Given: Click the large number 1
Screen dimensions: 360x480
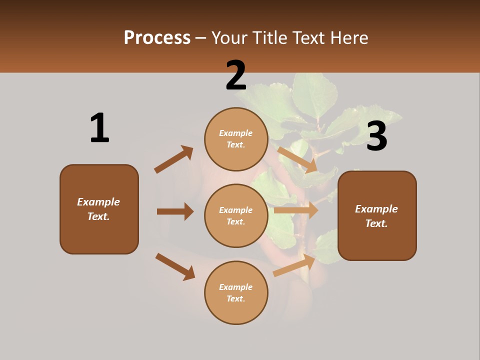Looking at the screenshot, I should click(99, 128).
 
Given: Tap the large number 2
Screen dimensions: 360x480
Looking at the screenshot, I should click(236, 75).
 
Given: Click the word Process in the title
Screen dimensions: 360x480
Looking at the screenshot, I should click(157, 37).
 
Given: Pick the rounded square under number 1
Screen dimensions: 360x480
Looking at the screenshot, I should click(99, 209).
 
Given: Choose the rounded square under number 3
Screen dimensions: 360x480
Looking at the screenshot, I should click(377, 215).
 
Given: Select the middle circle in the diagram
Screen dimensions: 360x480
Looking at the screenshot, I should click(236, 215).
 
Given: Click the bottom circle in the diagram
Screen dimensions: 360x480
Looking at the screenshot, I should click(236, 292).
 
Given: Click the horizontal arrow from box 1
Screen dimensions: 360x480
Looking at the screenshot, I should click(175, 211).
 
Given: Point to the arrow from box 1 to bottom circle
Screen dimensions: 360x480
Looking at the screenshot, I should click(175, 266).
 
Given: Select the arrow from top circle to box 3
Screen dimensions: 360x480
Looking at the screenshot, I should click(297, 159).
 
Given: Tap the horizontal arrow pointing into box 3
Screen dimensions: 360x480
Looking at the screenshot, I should click(296, 210).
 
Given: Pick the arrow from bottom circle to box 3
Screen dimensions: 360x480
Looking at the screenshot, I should click(294, 265).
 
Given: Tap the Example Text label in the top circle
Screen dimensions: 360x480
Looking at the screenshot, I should click(236, 138).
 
